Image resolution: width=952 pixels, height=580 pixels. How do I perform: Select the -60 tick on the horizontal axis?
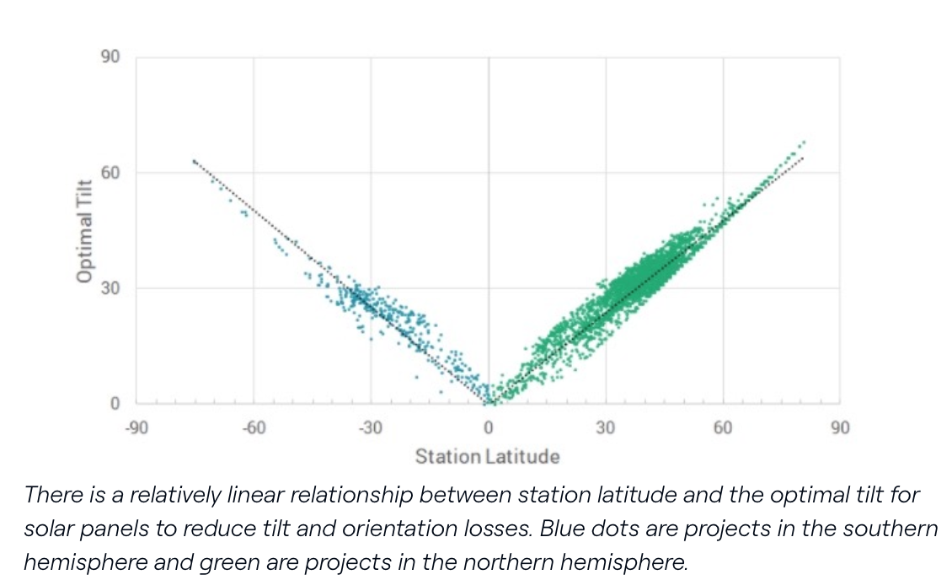point(254,427)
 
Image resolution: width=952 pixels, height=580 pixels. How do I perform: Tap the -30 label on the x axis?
point(371,427)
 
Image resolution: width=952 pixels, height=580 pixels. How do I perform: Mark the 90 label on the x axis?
point(840,427)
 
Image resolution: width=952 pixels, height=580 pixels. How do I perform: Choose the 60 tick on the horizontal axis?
point(723,427)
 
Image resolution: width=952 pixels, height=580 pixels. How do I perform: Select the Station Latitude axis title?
point(487,457)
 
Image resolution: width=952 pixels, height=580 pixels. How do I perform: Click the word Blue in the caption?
point(562,529)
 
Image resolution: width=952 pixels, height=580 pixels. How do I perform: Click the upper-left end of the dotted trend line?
point(194,160)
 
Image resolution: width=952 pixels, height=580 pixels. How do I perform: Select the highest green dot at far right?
point(804,142)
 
